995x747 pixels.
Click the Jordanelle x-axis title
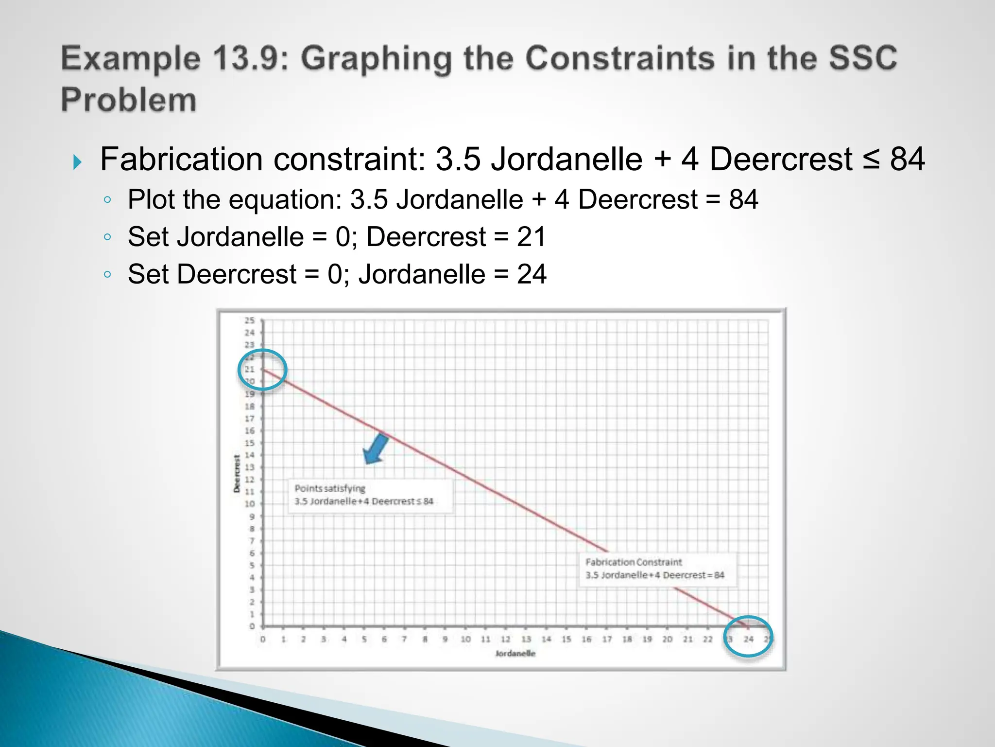[515, 653]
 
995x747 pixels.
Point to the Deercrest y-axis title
[237, 473]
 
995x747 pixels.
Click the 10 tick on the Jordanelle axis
[465, 639]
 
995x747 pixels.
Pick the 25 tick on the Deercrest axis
[249, 320]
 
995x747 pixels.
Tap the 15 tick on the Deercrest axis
[249, 443]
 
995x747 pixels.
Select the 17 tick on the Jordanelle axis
[607, 639]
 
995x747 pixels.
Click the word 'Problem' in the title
[129, 100]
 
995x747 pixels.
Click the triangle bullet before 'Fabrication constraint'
[77, 162]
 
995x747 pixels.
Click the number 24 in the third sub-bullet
[532, 274]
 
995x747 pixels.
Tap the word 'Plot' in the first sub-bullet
[152, 199]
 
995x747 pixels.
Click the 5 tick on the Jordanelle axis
[364, 639]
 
